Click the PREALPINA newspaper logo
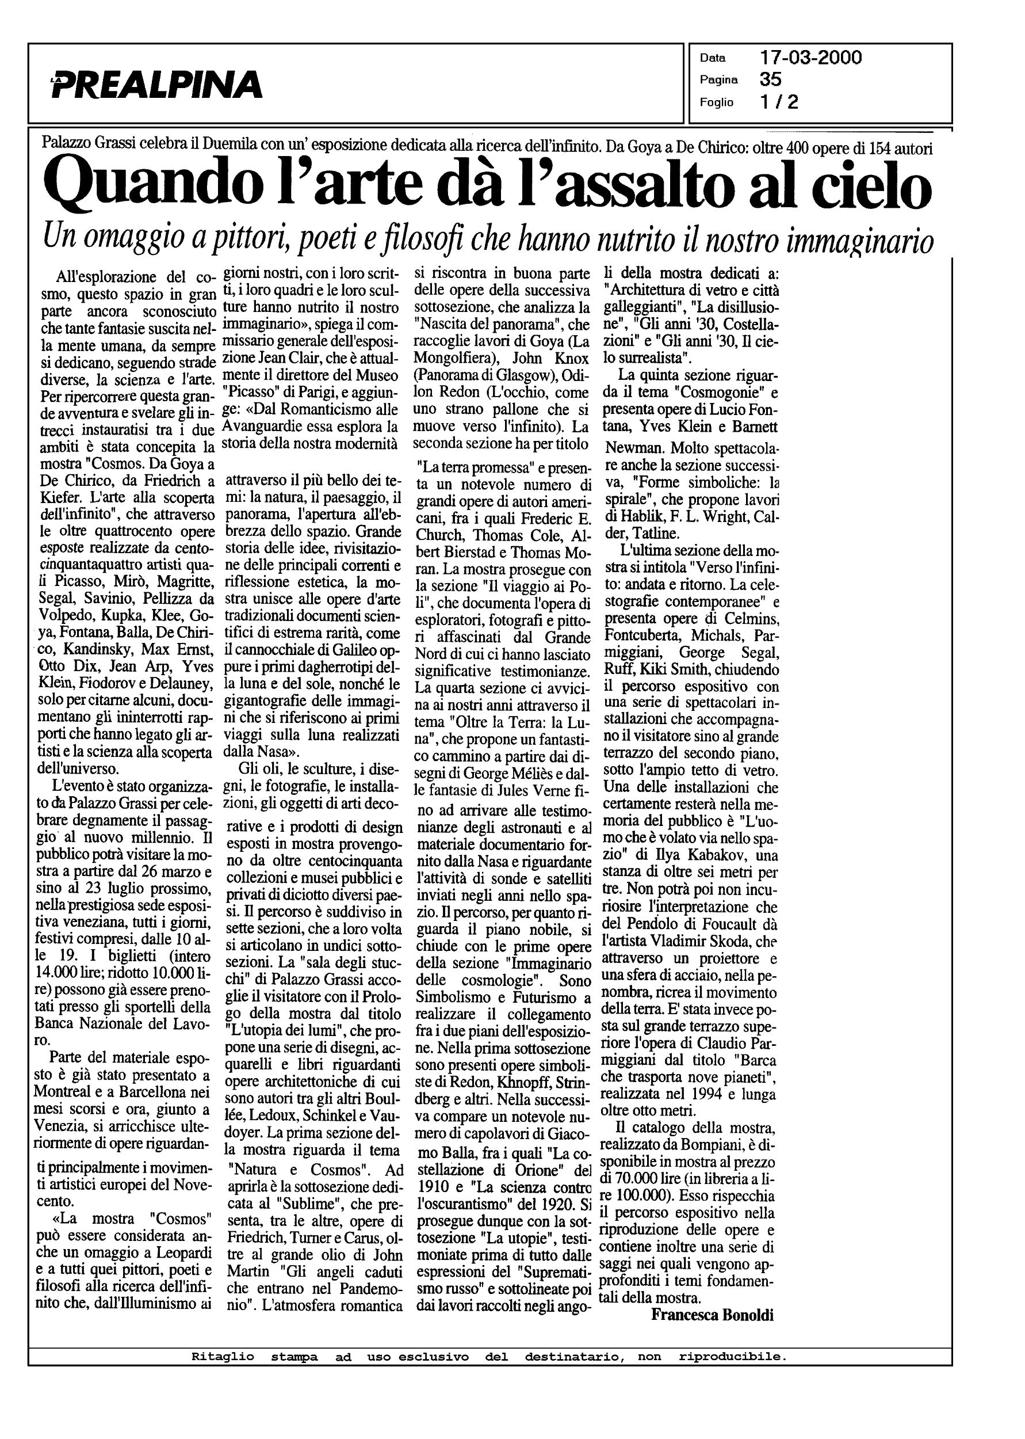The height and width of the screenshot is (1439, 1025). (156, 84)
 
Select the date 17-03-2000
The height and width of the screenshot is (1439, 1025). (810, 58)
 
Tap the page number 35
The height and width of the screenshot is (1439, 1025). (771, 79)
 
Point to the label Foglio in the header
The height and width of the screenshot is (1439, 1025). (716, 102)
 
